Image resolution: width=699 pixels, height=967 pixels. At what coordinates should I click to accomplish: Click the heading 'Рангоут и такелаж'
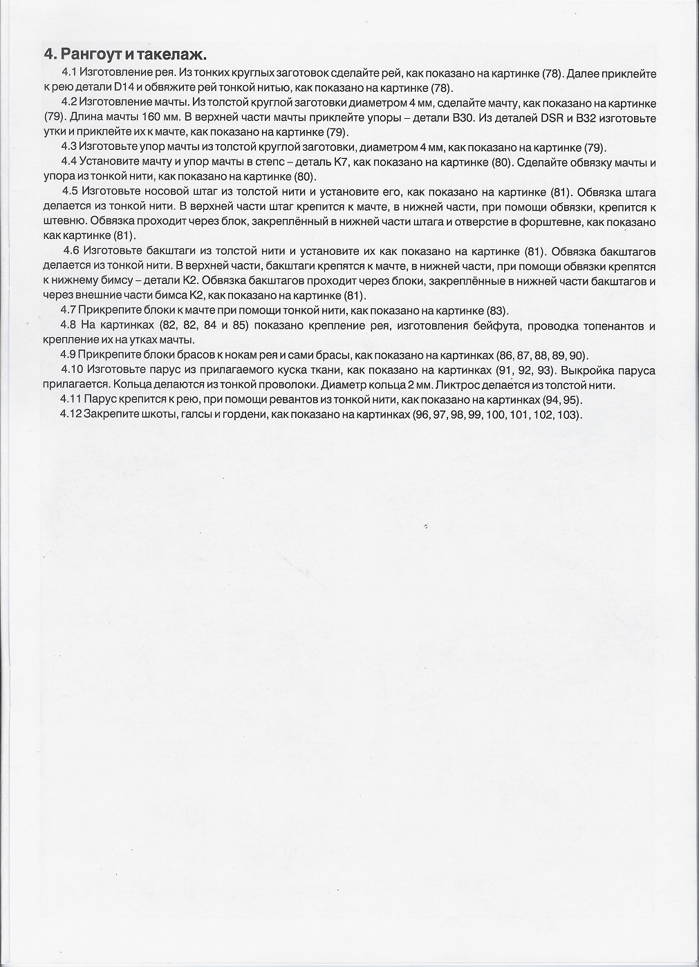click(x=132, y=54)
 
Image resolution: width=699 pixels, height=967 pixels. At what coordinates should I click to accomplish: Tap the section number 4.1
click(x=69, y=73)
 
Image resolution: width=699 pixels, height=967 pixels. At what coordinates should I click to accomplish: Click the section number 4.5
click(x=71, y=192)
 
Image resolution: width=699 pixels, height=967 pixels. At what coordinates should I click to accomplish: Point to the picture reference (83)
click(x=497, y=310)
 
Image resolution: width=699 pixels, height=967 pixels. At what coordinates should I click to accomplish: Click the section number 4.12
click(x=71, y=415)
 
